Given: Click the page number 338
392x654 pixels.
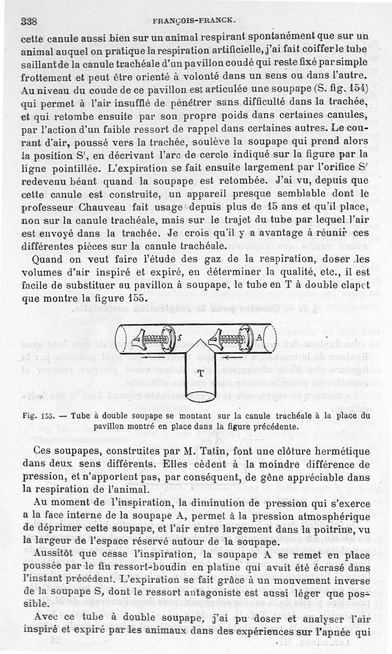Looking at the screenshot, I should pos(30,21).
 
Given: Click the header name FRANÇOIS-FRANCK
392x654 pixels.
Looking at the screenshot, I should pos(196,21).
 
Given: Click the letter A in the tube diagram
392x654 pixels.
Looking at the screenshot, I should pos(258,338).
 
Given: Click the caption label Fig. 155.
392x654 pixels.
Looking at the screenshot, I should pos(41,416).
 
